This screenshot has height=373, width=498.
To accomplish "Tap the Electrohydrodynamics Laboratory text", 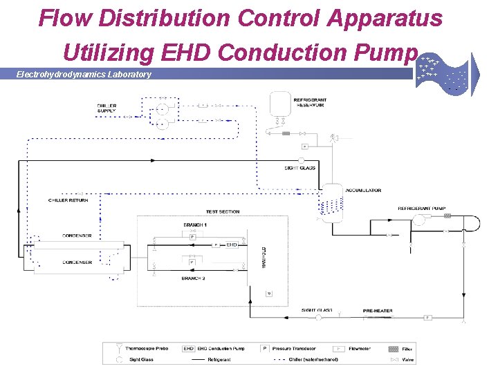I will coord(84,74).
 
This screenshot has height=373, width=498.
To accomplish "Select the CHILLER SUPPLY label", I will coord(107,108).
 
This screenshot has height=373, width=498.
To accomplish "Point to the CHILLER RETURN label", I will coord(68,200).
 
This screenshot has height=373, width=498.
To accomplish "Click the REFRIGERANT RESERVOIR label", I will coord(310,102).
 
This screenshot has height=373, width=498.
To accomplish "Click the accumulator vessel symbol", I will coord(333,200).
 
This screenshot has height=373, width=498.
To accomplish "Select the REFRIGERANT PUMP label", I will coord(421,208).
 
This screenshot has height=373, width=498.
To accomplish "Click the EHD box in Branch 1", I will coord(232,245).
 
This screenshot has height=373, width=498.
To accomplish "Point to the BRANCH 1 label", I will coord(194,225).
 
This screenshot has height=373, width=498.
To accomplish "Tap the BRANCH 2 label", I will coord(193,278).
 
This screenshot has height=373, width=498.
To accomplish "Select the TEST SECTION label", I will coord(222,211).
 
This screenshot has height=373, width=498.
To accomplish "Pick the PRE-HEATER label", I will coord(378,311).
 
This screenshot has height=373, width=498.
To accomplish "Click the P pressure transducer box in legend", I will coord(265,349).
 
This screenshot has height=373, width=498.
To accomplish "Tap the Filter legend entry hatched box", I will coord(394,349).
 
